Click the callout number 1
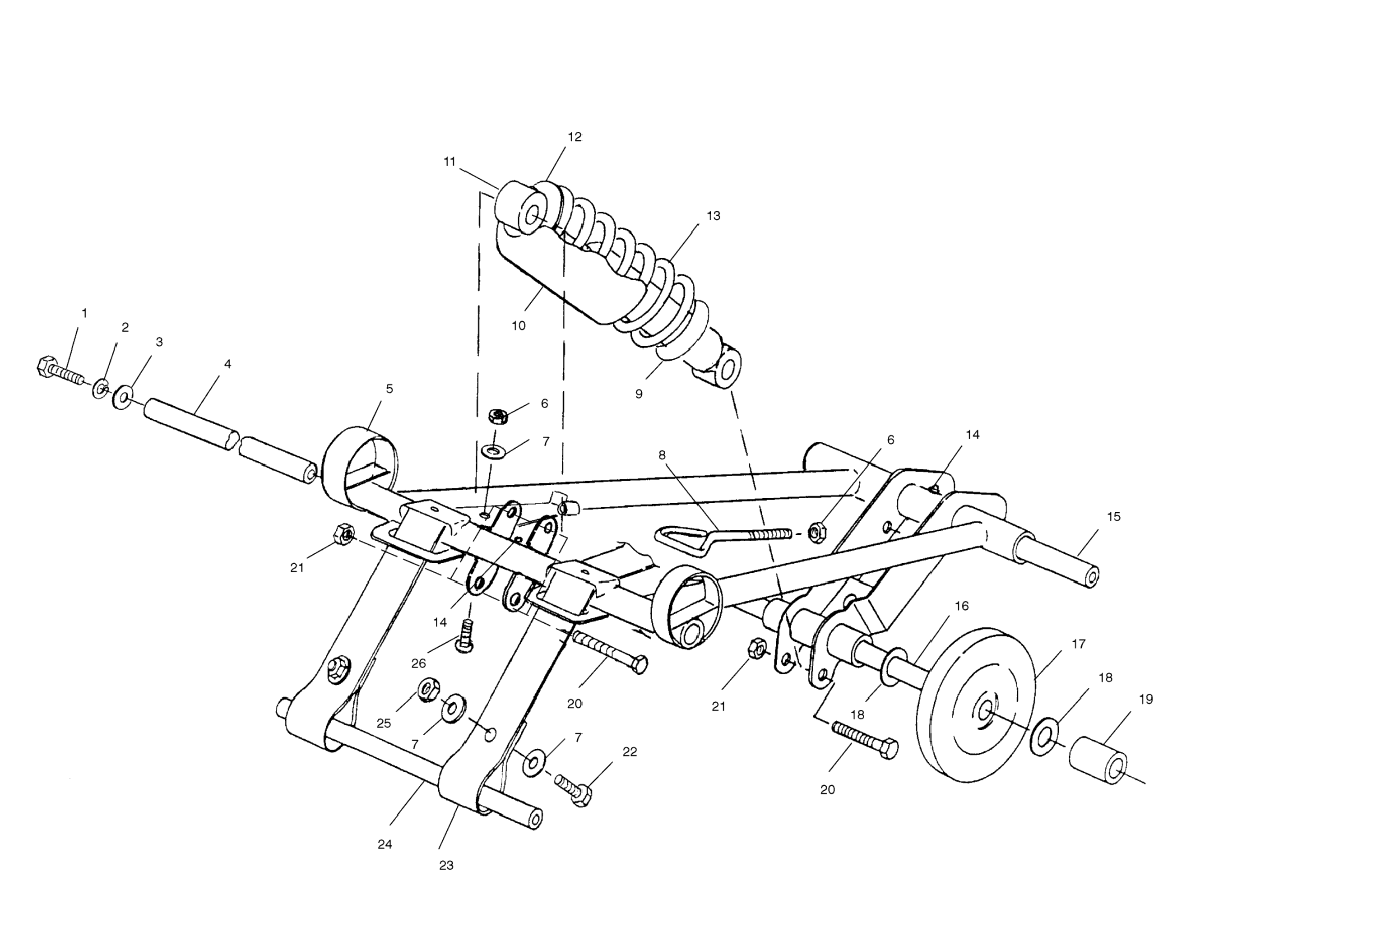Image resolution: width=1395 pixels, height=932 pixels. [x=84, y=313]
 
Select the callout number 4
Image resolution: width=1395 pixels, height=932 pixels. [x=227, y=364]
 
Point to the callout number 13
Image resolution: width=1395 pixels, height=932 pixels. [x=713, y=216]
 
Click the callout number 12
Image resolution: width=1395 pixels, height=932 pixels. [x=574, y=137]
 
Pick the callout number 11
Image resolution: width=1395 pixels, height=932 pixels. [x=450, y=162]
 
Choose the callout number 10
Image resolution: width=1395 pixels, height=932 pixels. [x=518, y=326]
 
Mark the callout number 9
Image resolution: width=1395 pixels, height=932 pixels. [x=639, y=394]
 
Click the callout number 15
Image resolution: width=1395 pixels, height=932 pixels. [x=1113, y=516]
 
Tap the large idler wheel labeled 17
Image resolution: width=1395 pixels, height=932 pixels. [x=975, y=705]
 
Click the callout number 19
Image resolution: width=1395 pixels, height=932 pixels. [x=1145, y=700]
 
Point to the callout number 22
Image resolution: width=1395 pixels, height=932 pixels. [x=630, y=752]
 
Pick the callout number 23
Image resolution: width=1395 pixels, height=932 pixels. [x=446, y=866]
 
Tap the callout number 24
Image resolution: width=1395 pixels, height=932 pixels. [x=385, y=844]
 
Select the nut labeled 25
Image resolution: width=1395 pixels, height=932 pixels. [x=428, y=690]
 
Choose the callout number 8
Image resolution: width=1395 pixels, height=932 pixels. [x=662, y=455]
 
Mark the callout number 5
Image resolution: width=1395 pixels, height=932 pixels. [x=389, y=389]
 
